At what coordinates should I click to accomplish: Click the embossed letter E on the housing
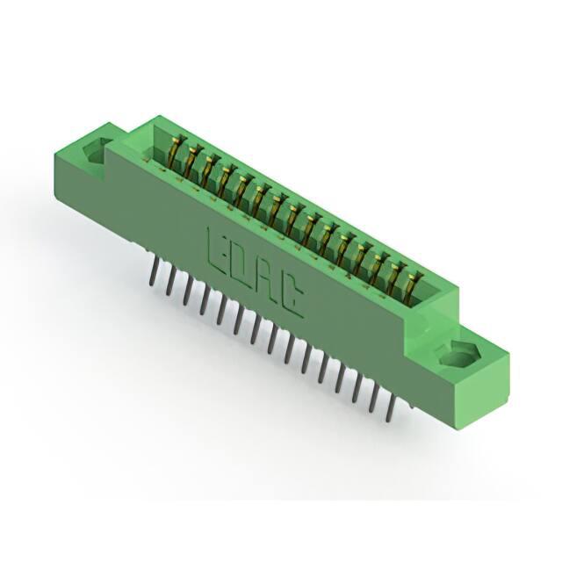click(218, 247)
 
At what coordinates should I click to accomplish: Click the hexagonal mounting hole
click(457, 354)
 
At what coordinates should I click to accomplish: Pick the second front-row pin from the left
click(170, 283)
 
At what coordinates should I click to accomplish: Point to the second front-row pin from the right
click(374, 399)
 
